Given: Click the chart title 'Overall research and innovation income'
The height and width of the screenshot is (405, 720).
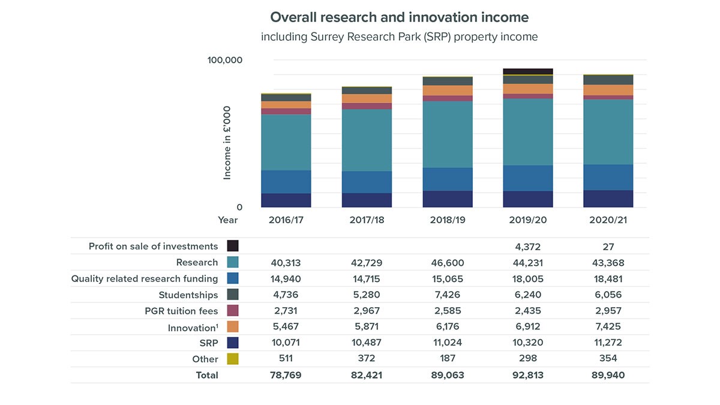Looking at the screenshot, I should coord(399,17).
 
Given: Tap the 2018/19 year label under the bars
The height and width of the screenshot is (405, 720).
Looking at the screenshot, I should coord(447,220).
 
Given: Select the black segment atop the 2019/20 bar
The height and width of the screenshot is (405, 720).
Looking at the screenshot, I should coord(527,71).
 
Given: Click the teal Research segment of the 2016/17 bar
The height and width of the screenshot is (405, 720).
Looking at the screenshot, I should coord(286,142).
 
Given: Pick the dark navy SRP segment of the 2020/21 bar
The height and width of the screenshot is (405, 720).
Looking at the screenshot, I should coord(608,199).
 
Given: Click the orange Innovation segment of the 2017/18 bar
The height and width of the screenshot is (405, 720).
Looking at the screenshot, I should coord(367,98).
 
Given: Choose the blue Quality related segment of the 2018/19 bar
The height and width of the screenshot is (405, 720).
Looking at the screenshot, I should coord(447,179).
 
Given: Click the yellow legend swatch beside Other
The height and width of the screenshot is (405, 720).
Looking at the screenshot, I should coord(233,359).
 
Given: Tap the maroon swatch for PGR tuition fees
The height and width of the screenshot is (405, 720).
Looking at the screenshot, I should coord(233,311).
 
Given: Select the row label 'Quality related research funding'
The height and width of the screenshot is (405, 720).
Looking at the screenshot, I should coord(145,278).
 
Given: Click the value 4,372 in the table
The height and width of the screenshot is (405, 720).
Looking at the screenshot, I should coord(527,247).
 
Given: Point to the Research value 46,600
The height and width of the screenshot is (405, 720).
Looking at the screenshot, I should coord(447,263).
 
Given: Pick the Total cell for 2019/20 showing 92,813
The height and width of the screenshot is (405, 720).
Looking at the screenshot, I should coord(527,375).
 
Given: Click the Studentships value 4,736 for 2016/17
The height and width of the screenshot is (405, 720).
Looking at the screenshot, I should coord(286,295).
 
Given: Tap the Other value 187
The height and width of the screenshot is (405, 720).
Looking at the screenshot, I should coord(447,359).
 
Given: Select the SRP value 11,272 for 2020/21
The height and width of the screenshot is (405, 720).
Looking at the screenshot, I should coord(608,343).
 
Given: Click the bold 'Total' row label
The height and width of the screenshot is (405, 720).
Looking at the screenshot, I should coord(207,375).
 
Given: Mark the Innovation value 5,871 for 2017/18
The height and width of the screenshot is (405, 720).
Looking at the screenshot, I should coord(367,327).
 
